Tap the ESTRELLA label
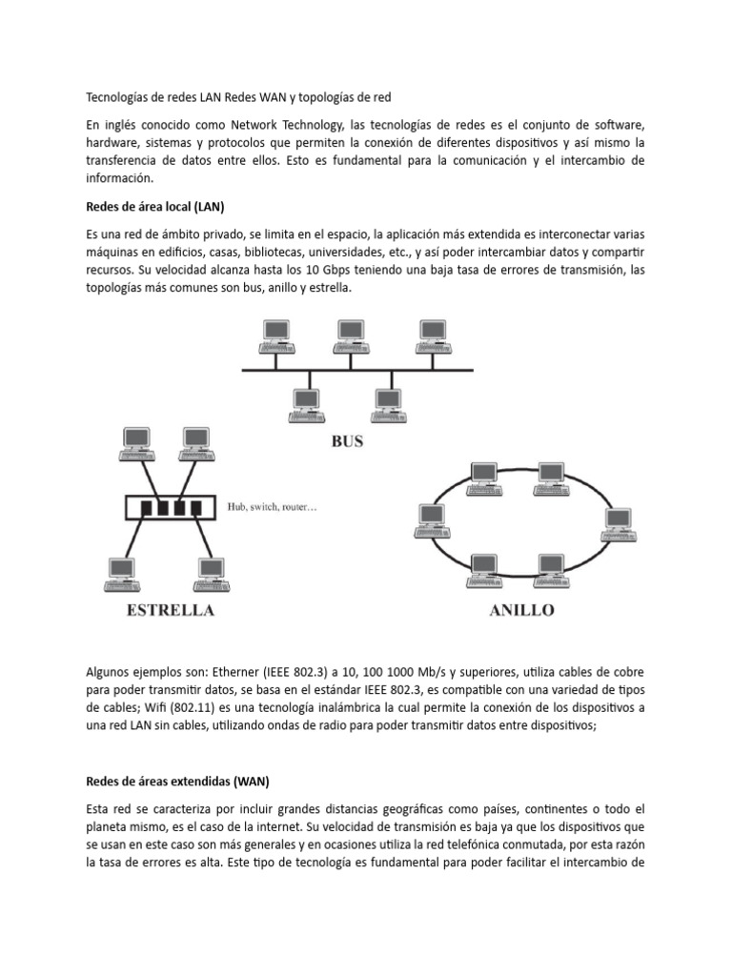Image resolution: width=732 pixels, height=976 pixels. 172,611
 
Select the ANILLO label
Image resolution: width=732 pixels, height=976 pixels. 521,611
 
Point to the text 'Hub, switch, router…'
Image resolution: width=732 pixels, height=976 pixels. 272,508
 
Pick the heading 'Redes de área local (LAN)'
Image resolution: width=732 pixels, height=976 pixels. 154,207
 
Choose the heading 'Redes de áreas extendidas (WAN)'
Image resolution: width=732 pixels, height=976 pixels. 177,782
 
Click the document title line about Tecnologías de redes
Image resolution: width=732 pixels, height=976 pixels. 238,97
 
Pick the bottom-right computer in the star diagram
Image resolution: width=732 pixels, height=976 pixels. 212,573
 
